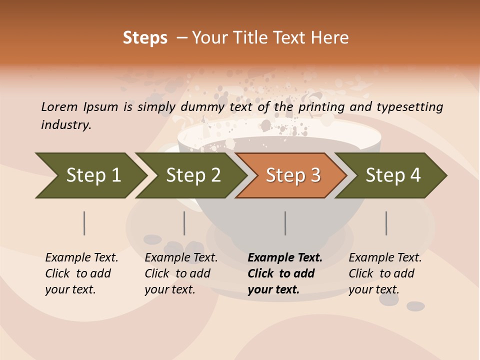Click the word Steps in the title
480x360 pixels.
tap(145, 38)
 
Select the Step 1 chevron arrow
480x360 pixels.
tap(90, 175)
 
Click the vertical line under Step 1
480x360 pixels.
tap(84, 223)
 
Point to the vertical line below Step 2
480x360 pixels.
tap(184, 223)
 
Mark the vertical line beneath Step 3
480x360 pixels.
tap(285, 223)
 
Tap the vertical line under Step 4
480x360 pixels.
tap(386, 223)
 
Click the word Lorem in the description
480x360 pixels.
tap(59, 106)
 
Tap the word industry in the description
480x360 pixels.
tap(66, 124)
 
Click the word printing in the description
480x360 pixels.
tap(322, 106)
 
